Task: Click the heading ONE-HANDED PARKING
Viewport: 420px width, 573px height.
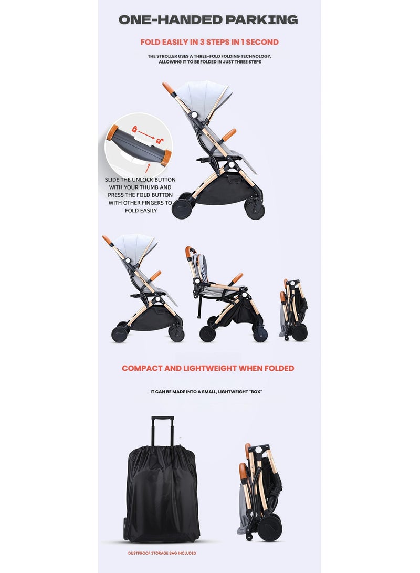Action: tap(208, 20)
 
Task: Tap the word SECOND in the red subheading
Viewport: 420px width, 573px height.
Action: tap(262, 42)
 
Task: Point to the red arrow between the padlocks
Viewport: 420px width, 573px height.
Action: tap(148, 134)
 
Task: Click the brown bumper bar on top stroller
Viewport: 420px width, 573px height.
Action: tap(229, 134)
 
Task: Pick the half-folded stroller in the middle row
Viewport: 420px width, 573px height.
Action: tap(226, 294)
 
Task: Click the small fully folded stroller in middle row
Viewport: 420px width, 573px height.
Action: tap(294, 310)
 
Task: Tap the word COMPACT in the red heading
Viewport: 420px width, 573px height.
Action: tap(142, 368)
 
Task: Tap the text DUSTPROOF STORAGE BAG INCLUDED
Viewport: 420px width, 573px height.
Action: tap(162, 553)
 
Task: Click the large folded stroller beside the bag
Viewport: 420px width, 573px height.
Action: tap(262, 491)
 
